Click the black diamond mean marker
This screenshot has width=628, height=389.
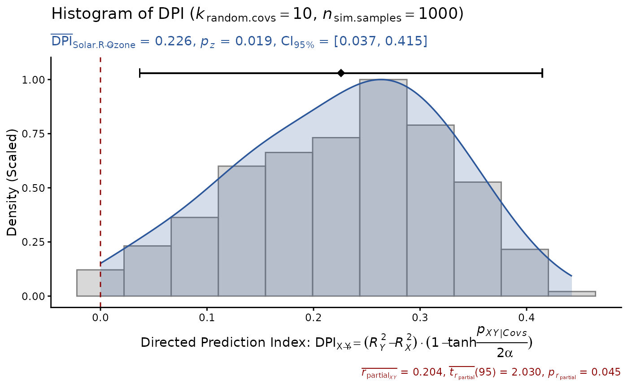[x=341, y=73]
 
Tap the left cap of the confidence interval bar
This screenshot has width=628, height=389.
[x=140, y=73]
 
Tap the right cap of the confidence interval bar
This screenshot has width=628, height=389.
[x=542, y=73]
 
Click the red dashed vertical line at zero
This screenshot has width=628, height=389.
[x=100, y=180]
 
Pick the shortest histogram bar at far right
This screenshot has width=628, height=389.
[x=571, y=293]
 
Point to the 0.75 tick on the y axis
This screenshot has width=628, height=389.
[x=49, y=134]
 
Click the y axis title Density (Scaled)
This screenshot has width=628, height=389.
[x=12, y=182]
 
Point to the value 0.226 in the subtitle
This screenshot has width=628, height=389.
[x=167, y=41]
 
